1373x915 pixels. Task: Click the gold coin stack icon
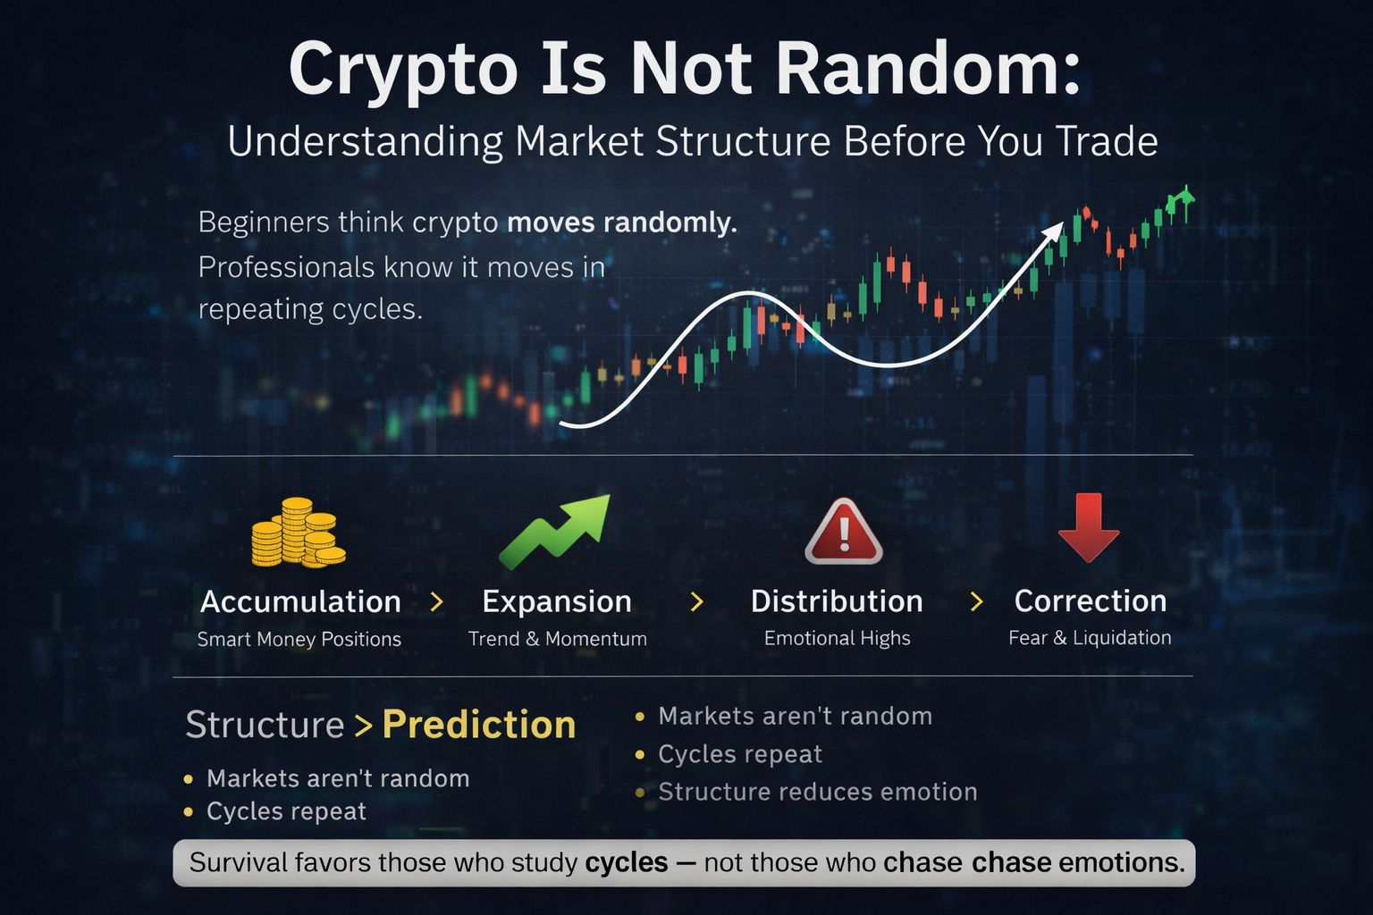pos(299,532)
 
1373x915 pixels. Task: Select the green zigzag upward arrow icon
pos(555,531)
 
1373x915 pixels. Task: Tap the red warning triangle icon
pos(844,531)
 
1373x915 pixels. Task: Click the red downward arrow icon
pos(1089,528)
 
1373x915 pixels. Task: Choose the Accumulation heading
pos(300,602)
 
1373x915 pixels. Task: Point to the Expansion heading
pos(557,602)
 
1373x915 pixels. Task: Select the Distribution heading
pos(837,601)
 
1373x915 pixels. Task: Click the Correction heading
pos(1091,600)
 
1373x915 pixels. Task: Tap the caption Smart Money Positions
pos(299,639)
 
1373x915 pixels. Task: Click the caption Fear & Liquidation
pos(1090,638)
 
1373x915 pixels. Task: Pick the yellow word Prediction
pos(479,725)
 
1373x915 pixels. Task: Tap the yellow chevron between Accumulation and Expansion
pos(437,602)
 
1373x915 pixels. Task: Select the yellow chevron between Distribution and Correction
pos(977,601)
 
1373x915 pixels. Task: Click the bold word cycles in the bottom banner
pos(626,863)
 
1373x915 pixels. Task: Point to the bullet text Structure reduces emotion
pos(818,792)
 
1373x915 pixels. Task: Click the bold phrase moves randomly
pos(621,222)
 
